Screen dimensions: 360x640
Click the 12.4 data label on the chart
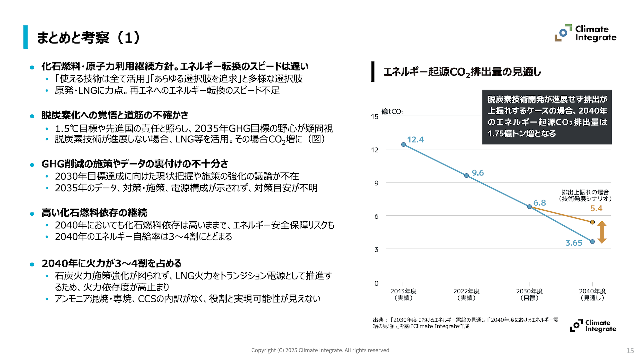415,140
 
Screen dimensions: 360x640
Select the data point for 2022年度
466,175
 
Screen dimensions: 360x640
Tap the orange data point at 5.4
592,222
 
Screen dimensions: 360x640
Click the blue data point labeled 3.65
592,242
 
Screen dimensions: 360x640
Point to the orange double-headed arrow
602,232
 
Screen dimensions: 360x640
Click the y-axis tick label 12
375,150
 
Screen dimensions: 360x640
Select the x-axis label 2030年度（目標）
529,294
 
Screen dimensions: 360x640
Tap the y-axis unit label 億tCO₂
392,112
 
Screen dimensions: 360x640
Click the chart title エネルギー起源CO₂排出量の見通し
462,72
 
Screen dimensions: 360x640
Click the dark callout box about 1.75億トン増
547,117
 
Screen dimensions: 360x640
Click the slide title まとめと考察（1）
89,37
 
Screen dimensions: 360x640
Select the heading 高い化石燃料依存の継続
94,212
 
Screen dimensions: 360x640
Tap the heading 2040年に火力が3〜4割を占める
111,263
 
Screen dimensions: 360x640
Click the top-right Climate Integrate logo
585,33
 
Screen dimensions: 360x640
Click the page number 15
630,350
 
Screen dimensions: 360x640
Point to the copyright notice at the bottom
320,350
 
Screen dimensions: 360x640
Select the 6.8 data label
539,203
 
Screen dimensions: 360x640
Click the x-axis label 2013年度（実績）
403,294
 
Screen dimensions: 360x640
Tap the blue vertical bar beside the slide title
26,37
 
